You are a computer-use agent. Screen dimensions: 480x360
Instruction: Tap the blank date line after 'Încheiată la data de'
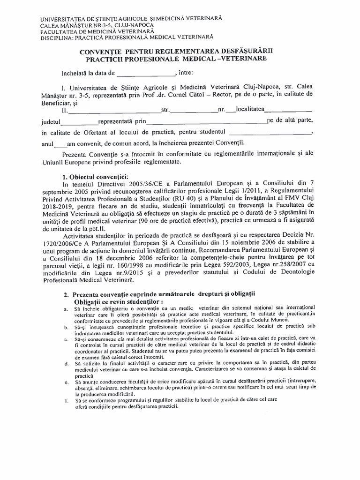[x=145, y=75]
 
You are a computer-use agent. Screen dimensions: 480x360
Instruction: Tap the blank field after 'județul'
[x=79, y=123]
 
